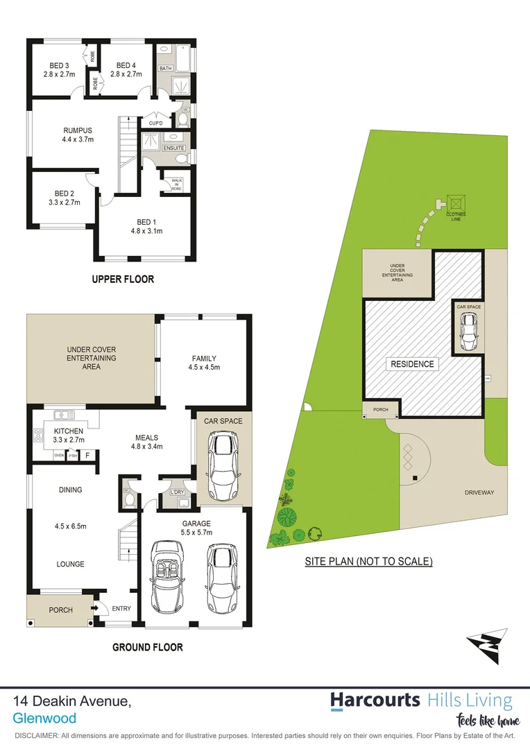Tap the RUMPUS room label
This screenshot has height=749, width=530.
[78, 130]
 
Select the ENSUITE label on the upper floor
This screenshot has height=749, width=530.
[173, 148]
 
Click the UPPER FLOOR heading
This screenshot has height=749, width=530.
[123, 279]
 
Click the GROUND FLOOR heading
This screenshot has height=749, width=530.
[148, 647]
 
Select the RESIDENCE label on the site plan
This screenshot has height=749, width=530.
[412, 363]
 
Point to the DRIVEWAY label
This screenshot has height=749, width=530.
[479, 492]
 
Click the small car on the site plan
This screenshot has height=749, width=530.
[469, 332]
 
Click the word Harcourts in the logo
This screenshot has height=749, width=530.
[375, 700]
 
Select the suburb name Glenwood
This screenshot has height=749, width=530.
[44, 718]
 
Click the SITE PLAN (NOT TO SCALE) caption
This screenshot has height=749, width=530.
[368, 561]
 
